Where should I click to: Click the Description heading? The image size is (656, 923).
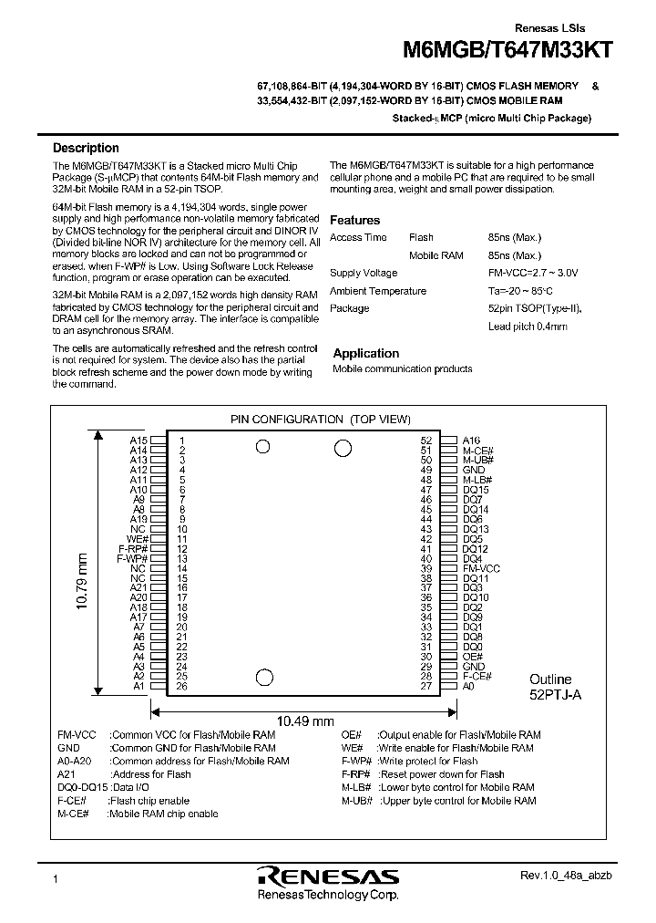coord(86,148)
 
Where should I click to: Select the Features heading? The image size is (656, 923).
coord(354,220)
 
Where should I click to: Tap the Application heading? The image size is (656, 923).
coord(365,353)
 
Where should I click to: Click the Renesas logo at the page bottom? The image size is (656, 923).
coord(328,876)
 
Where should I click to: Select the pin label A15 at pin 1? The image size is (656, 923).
coord(138,440)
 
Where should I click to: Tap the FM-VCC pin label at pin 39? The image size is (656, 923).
coord(481,568)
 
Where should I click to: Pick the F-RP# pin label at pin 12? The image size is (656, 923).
coord(133,548)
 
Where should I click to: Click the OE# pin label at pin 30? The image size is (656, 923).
coord(472,657)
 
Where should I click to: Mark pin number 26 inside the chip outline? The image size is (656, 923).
coord(182,687)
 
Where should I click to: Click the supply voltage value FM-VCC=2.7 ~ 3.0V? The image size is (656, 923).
coord(533,273)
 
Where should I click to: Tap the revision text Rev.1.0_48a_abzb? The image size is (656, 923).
coord(559,876)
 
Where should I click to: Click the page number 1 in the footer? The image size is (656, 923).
coord(56,879)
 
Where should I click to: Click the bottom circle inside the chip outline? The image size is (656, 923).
coord(264,677)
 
